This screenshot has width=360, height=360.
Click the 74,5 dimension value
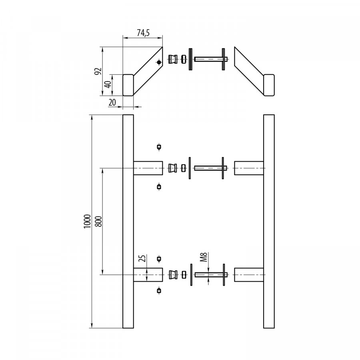click(143, 33)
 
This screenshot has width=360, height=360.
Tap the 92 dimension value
click(98, 71)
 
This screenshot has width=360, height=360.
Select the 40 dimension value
click(108, 85)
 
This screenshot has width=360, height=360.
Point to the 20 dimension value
click(112, 102)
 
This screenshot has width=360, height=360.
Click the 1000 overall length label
click(87, 222)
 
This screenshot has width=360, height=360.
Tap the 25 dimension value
click(142, 258)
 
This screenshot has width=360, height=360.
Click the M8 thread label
click(204, 257)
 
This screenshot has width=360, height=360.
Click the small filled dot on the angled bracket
click(159, 62)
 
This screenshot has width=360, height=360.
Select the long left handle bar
click(128, 221)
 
